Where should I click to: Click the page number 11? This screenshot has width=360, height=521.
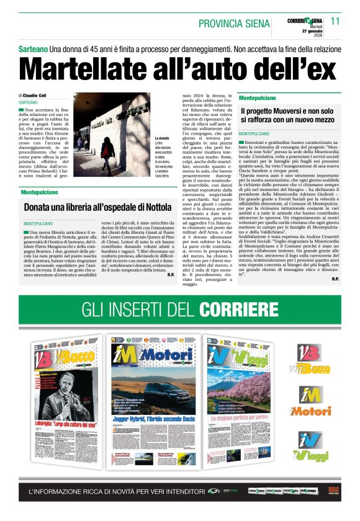click(x=335, y=20)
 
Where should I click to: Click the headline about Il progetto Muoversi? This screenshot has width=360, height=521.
click(x=289, y=114)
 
